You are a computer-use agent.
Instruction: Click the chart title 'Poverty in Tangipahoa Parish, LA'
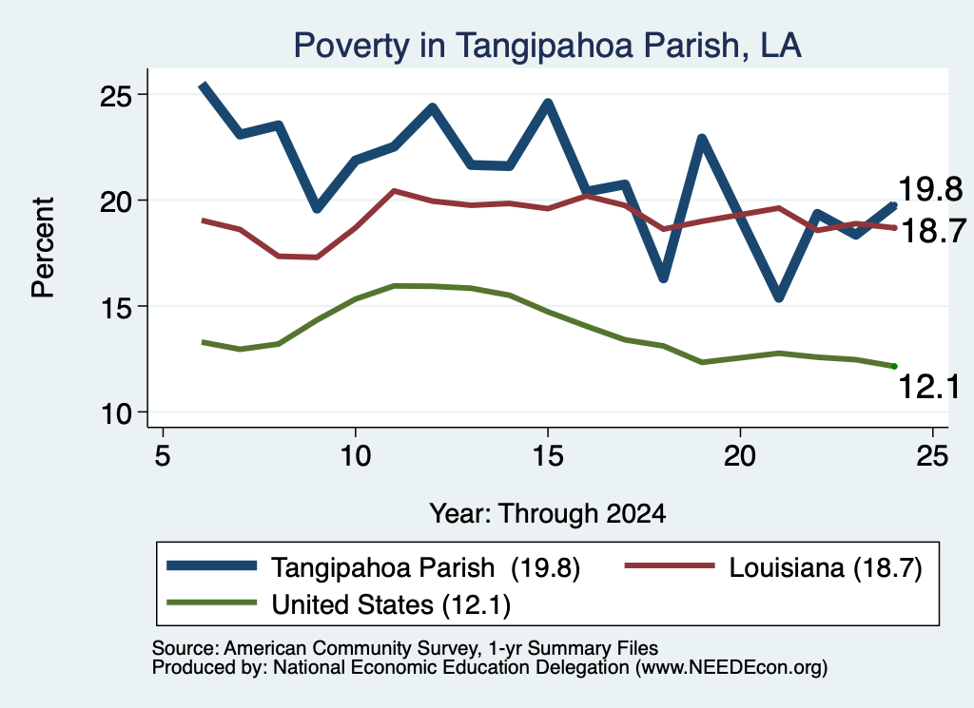(547, 46)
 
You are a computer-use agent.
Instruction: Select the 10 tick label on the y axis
(116, 413)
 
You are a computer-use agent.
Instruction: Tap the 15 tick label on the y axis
(116, 307)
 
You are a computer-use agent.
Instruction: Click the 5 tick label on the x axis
(162, 456)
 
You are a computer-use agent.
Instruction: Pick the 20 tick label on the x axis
(740, 456)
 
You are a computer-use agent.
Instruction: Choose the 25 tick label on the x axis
(932, 456)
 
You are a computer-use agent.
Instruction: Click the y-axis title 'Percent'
(44, 248)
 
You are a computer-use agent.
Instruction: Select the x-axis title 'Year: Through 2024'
(547, 514)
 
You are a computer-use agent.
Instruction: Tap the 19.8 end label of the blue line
(930, 188)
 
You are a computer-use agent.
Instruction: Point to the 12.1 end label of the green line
(929, 387)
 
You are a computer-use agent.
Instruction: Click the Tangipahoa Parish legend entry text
(425, 567)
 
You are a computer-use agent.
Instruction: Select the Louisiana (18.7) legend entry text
(826, 567)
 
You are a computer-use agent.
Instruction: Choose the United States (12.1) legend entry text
(391, 604)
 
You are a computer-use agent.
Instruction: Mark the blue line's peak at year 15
(548, 103)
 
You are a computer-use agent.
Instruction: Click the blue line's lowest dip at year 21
(778, 297)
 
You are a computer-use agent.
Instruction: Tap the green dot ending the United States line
(894, 366)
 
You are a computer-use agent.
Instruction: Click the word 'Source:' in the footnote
(185, 648)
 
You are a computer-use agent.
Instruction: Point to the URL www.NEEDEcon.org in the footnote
(730, 668)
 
